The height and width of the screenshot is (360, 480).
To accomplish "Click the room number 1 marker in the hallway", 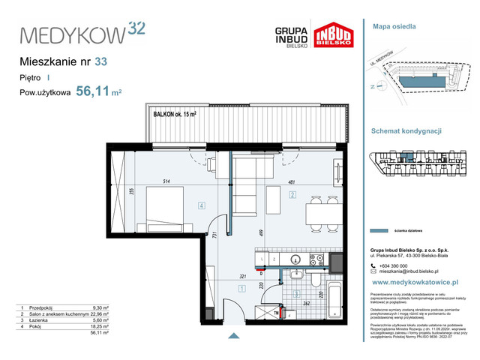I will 241,287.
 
